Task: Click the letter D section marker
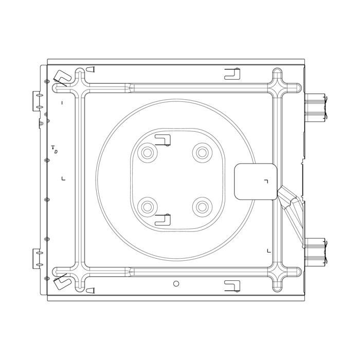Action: (x=56, y=152)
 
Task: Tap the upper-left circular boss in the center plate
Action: (x=148, y=153)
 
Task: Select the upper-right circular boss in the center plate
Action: (x=202, y=153)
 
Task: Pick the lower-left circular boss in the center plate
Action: (x=148, y=207)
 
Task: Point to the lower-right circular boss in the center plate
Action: (x=202, y=207)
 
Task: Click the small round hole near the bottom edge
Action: (x=176, y=284)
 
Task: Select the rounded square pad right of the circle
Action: (x=256, y=182)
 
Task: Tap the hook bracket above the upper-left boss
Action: (x=163, y=140)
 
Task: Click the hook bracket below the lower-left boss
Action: (x=163, y=220)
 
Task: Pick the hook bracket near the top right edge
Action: (x=232, y=74)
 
